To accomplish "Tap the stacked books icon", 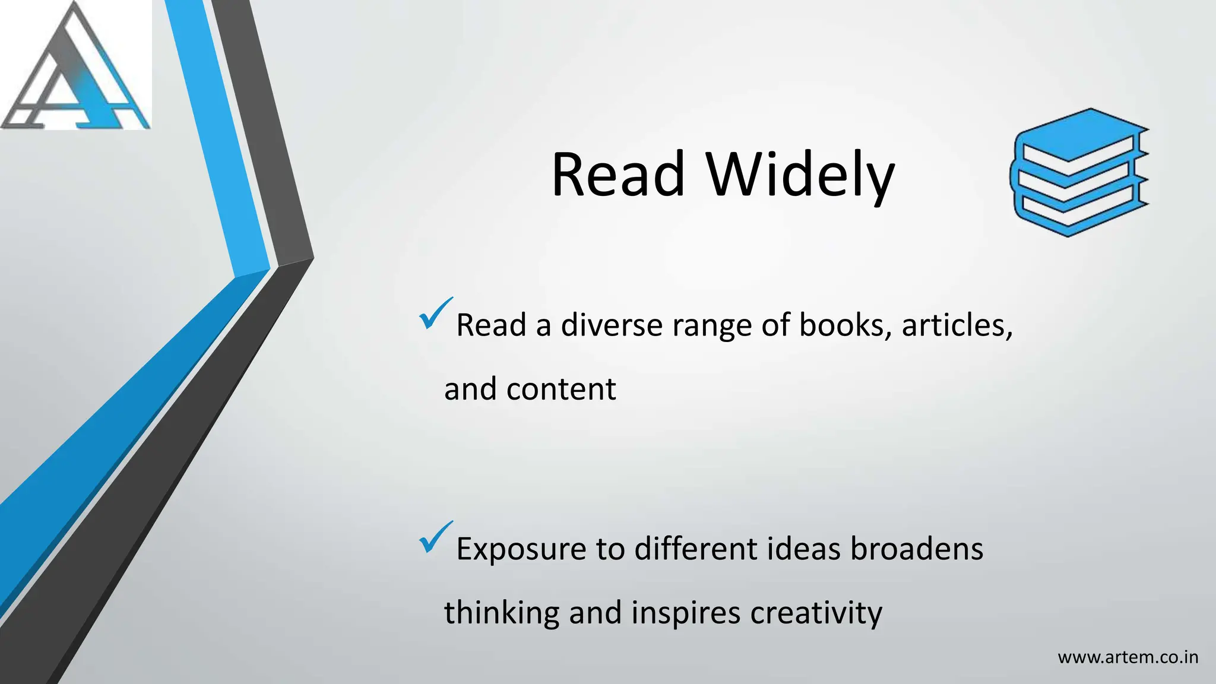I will tap(1079, 173).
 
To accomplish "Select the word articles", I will tap(957, 325).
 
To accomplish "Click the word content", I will tap(561, 389).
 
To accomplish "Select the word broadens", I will tap(917, 549).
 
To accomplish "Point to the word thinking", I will tap(502, 613).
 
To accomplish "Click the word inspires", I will tap(685, 613).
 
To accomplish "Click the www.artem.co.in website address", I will tap(1128, 658).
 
